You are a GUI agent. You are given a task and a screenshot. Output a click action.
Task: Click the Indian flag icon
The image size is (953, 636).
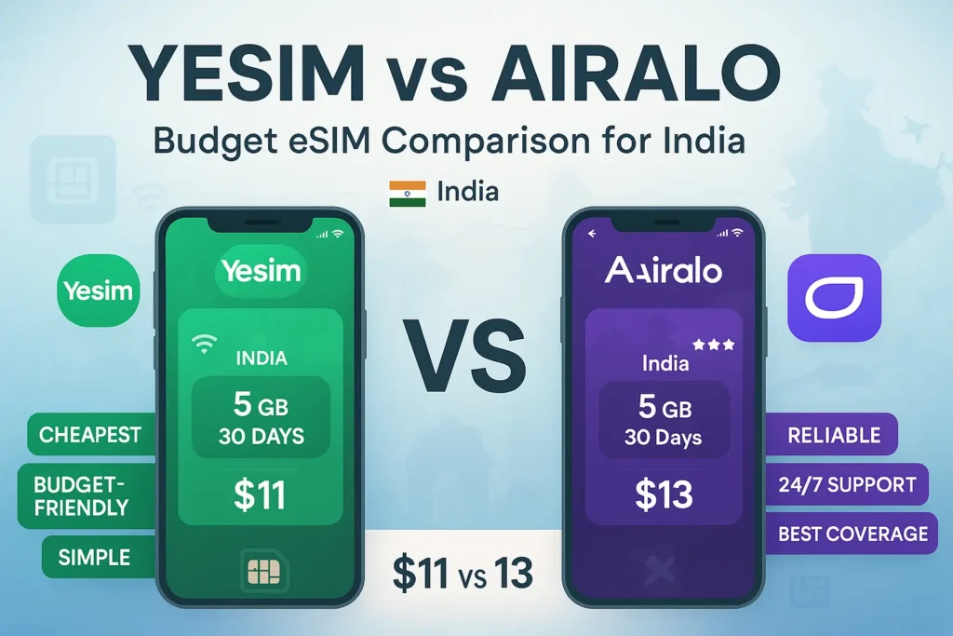click(x=408, y=194)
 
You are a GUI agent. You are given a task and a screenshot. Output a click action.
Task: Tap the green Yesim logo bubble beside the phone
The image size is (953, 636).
click(x=99, y=291)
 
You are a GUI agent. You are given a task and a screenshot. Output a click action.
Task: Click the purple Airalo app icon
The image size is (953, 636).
click(x=835, y=297)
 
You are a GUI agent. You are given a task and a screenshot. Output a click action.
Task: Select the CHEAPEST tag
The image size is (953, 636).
click(x=91, y=434)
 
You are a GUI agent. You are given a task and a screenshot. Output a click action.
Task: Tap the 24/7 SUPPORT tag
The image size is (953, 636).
click(x=845, y=484)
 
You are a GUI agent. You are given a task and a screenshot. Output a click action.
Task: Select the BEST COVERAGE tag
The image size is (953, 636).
click(x=851, y=534)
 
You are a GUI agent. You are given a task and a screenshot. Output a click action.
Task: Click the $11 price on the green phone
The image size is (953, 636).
click(x=261, y=494)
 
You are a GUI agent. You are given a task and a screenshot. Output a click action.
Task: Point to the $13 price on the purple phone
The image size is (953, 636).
click(x=664, y=494)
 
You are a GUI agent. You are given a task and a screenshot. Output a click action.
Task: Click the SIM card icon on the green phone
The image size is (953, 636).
click(x=263, y=572)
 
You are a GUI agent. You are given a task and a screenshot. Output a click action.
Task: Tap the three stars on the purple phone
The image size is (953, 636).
click(x=714, y=345)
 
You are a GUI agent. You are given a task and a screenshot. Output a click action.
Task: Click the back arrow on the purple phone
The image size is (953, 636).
click(x=592, y=234)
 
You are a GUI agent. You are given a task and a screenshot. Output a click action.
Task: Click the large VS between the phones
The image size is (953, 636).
click(x=465, y=356)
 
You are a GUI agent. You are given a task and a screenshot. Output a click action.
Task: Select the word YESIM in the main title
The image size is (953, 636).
click(x=247, y=73)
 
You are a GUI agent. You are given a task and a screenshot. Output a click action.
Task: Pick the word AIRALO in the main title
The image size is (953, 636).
click(x=636, y=73)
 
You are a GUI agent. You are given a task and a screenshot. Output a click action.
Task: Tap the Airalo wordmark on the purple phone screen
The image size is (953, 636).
click(x=664, y=271)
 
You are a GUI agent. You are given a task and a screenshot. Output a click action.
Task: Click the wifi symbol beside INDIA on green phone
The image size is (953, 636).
click(x=204, y=343)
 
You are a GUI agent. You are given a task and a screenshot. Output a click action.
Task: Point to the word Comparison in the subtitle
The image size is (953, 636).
click(x=486, y=141)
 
